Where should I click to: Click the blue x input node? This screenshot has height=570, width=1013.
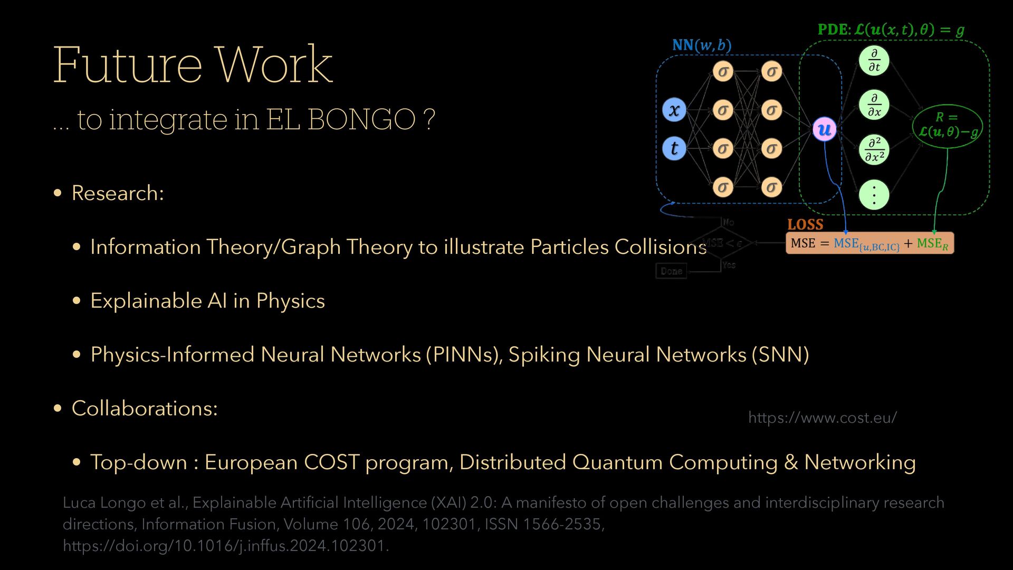click(x=674, y=110)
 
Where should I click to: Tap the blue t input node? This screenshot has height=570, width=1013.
click(x=674, y=148)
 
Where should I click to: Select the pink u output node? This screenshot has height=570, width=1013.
click(x=825, y=129)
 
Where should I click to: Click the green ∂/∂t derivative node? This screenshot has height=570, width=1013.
click(x=874, y=60)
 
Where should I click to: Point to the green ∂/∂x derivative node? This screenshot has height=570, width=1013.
click(x=874, y=104)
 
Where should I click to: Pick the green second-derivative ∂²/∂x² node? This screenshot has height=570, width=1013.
click(x=874, y=150)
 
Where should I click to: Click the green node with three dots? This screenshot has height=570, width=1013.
click(x=874, y=195)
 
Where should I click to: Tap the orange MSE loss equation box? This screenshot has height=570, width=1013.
click(x=869, y=243)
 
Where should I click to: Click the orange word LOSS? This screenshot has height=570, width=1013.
click(x=805, y=224)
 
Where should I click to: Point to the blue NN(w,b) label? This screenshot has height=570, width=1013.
click(x=702, y=45)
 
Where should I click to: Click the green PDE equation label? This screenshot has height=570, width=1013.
click(x=891, y=30)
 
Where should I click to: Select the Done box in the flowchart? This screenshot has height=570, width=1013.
click(x=671, y=271)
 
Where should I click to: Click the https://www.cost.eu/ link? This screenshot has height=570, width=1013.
click(x=822, y=417)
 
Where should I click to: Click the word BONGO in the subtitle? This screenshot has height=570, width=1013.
click(x=361, y=119)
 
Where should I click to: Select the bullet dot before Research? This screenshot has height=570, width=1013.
click(x=58, y=193)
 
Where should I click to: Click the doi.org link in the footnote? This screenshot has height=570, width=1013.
click(x=225, y=545)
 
